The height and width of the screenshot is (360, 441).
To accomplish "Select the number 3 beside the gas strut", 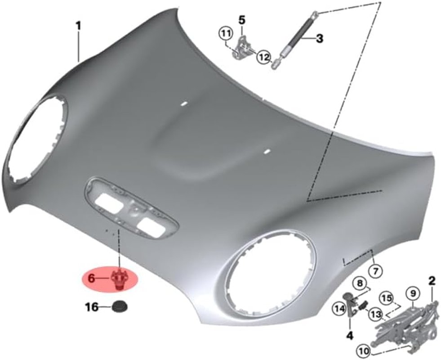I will (x=319, y=39).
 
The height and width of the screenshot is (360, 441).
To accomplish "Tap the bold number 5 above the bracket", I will (x=241, y=20).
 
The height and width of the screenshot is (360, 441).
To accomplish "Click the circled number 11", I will (x=226, y=33).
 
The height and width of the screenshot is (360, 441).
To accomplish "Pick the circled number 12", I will (x=264, y=57).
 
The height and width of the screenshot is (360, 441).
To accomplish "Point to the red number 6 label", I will (x=92, y=279).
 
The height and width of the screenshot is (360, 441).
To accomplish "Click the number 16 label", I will (x=92, y=308).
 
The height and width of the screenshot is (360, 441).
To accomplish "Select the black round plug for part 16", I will (x=119, y=307).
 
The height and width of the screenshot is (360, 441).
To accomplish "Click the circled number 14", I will (x=339, y=308).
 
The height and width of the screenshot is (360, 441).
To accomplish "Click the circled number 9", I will (x=412, y=293).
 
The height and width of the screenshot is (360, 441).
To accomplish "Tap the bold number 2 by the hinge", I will (x=432, y=281).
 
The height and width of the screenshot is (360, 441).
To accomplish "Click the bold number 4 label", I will (x=349, y=335).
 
